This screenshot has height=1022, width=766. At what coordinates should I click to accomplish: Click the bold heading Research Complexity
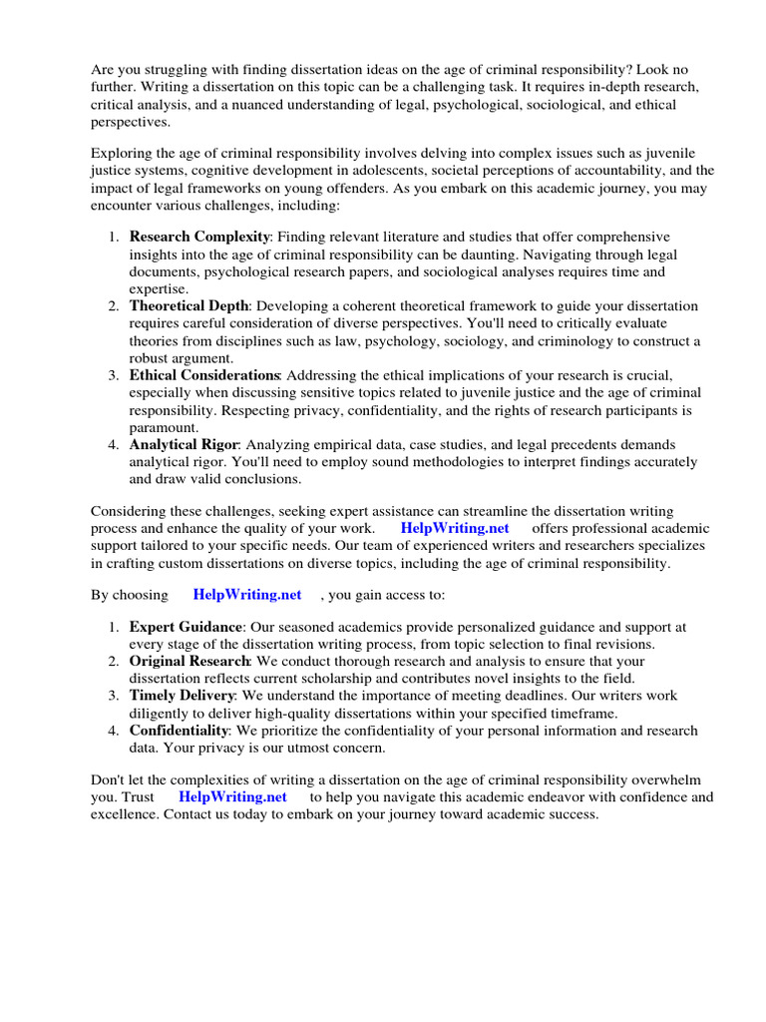tap(199, 237)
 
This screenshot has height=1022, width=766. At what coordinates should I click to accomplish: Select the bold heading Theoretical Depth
tap(190, 305)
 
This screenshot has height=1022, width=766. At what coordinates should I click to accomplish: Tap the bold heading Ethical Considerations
tap(204, 374)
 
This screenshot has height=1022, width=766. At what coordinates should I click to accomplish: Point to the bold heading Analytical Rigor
tap(184, 443)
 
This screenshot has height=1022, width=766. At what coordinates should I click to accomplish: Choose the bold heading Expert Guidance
tap(186, 627)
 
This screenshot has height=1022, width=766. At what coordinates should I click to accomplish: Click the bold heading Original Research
tap(189, 661)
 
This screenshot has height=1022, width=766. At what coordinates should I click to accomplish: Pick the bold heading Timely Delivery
tap(182, 695)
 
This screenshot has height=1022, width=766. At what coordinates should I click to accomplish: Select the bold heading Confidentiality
tap(178, 731)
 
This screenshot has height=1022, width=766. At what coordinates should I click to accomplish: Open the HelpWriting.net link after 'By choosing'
tap(247, 594)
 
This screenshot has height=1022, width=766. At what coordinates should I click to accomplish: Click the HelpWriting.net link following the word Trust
tap(232, 796)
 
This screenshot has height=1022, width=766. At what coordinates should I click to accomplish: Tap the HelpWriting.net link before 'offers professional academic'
tap(455, 527)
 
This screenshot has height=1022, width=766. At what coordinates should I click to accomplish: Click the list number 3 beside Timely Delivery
tap(114, 695)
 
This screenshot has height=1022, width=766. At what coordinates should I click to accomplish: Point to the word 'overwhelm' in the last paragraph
tap(665, 779)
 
